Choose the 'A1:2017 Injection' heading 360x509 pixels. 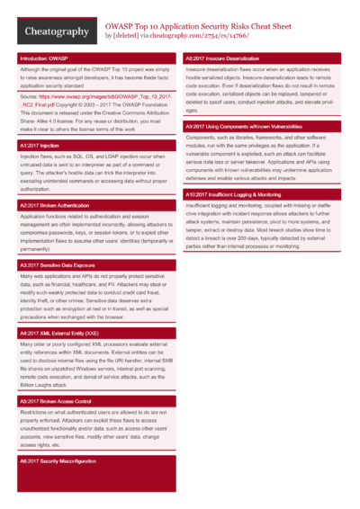(40, 145)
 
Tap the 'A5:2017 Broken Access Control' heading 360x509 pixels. (56, 401)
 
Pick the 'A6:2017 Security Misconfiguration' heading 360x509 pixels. (58, 460)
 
